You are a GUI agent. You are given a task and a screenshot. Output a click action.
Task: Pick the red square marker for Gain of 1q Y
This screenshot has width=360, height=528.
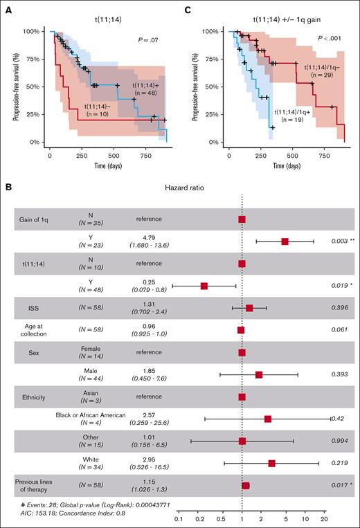pyautogui.click(x=285, y=241)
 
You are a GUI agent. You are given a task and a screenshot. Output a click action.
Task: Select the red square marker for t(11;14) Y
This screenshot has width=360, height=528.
pyautogui.click(x=204, y=285)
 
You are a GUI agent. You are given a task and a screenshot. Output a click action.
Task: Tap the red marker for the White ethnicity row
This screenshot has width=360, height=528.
pyautogui.click(x=272, y=463)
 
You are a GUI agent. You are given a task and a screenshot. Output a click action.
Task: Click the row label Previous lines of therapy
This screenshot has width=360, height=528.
pyautogui.click(x=35, y=485)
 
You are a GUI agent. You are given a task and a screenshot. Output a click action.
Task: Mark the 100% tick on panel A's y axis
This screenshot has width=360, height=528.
pyautogui.click(x=31, y=31)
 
